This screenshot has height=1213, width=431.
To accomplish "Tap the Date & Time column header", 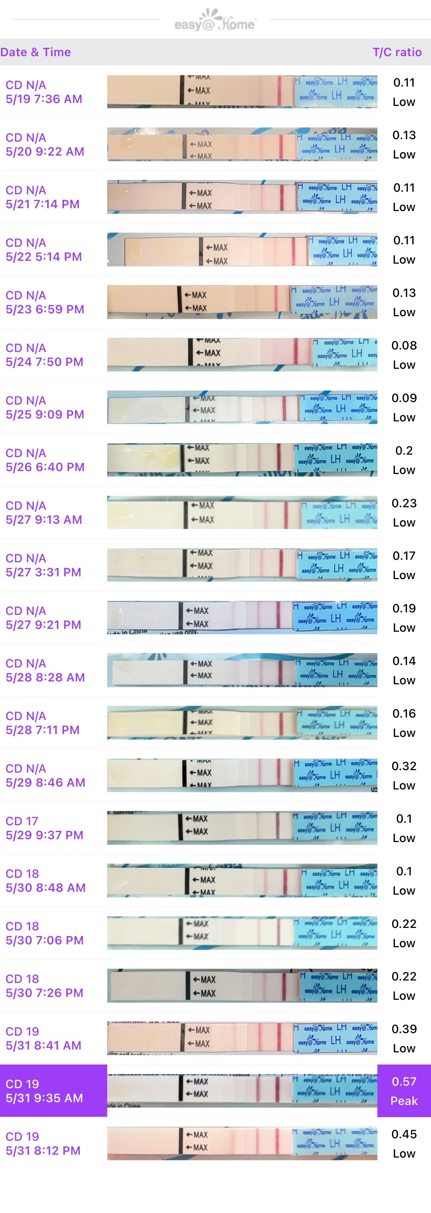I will click(36, 52).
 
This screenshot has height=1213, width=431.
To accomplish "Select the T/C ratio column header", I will click(397, 52).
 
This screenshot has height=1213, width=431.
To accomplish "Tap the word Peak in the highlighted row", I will click(404, 1101).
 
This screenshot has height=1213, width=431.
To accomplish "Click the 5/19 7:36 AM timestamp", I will click(44, 99).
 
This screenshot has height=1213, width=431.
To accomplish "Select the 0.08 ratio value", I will click(404, 346).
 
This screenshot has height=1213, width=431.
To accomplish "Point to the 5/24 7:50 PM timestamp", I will click(44, 362).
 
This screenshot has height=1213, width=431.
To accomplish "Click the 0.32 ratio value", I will click(404, 766).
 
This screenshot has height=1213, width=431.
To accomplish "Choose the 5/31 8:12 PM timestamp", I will click(43, 1150).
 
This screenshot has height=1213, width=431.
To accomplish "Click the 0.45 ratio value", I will click(404, 1134).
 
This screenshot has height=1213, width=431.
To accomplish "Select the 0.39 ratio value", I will click(404, 1029).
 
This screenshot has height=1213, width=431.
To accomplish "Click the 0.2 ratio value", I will click(404, 451).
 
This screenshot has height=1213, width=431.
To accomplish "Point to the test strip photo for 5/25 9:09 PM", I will click(242, 407).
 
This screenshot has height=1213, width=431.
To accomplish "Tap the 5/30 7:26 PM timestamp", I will click(44, 993).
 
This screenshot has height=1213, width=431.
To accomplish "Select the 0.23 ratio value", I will click(404, 503).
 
